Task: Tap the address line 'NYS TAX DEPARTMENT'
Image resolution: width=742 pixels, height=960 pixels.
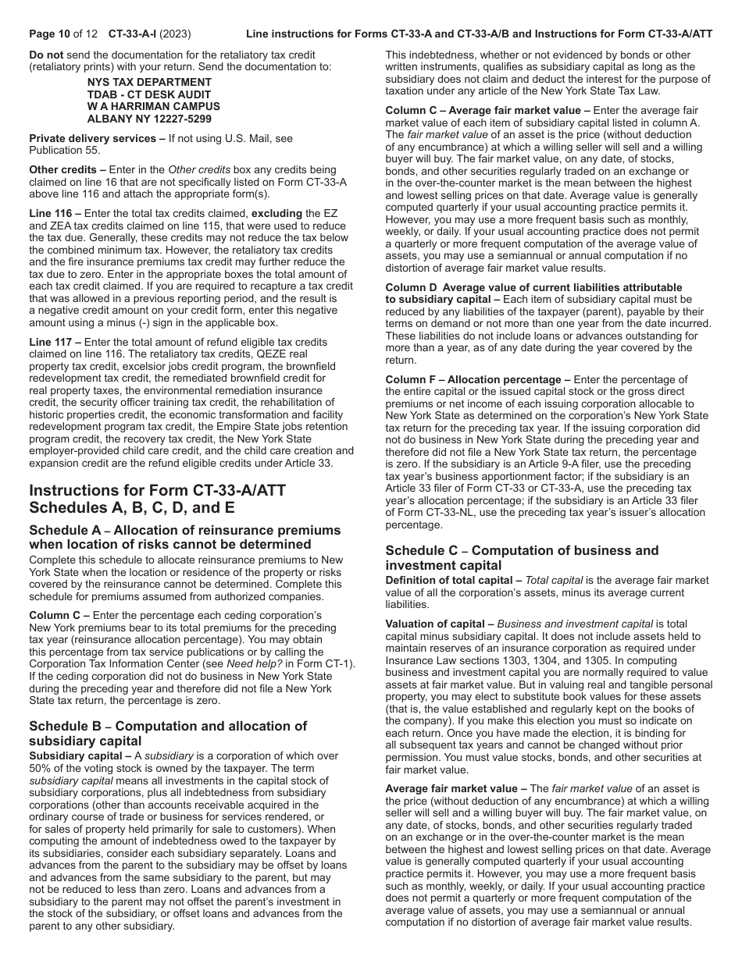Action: (149, 82)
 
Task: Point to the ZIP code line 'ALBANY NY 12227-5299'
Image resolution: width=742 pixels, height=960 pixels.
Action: (149, 119)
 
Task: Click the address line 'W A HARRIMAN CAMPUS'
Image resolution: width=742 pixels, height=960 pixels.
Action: (153, 107)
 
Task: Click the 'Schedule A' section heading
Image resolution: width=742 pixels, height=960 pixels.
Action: (184, 537)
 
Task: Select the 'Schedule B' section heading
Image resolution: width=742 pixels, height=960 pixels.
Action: (168, 734)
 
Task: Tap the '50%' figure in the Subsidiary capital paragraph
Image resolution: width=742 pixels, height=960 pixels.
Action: (41, 768)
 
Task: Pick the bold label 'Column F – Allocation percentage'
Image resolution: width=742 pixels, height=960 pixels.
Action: (473, 380)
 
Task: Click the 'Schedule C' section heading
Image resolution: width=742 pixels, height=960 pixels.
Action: (522, 558)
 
